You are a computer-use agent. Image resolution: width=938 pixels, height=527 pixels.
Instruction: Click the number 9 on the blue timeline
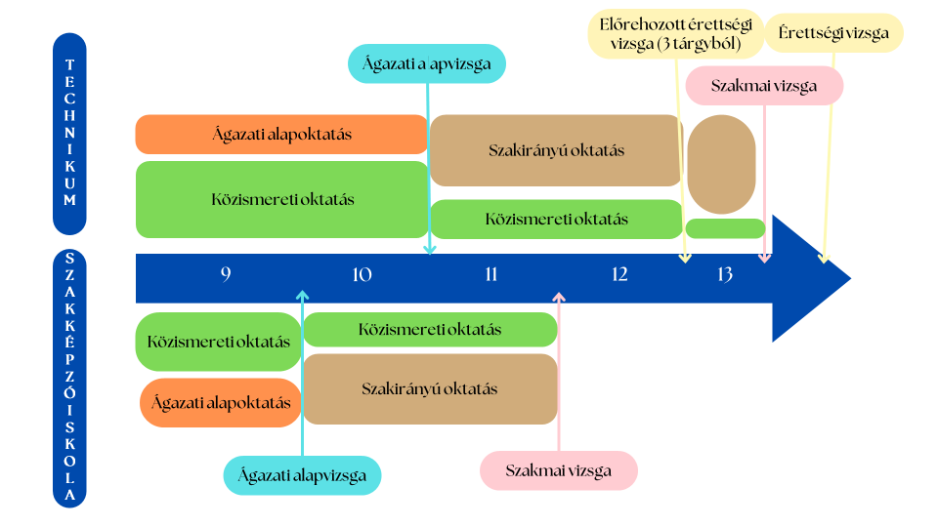point(226,274)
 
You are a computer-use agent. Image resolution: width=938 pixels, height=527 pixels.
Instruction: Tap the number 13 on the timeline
point(724,274)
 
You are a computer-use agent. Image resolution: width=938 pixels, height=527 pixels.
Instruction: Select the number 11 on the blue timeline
point(490,274)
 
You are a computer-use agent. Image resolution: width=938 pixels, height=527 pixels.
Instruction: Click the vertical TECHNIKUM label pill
point(69,133)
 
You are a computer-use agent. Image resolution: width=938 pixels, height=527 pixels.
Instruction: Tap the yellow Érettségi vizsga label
point(833,33)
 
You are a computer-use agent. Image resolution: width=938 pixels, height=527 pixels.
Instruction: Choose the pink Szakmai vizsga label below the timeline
point(559,470)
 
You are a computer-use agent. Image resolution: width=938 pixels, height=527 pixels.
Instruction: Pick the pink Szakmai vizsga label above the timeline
point(764,85)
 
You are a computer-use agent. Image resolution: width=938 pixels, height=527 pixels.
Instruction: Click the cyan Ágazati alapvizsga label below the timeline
point(302,475)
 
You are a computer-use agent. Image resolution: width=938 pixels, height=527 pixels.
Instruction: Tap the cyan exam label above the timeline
point(427,63)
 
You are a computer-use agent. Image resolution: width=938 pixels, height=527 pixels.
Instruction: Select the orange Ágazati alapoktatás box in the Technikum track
point(281,135)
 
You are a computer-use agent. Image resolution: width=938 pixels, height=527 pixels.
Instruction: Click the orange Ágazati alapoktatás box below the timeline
point(221,402)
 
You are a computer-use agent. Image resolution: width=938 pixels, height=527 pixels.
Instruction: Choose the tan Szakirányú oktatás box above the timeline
point(556,150)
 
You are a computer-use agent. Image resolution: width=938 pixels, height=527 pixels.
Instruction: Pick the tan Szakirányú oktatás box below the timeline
point(430,388)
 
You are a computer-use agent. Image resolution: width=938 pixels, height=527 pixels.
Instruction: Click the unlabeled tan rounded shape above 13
point(721,164)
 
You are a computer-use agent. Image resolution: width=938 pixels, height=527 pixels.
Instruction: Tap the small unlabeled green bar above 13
point(725,228)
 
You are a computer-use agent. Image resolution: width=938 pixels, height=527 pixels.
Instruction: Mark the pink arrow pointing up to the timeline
point(559,371)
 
